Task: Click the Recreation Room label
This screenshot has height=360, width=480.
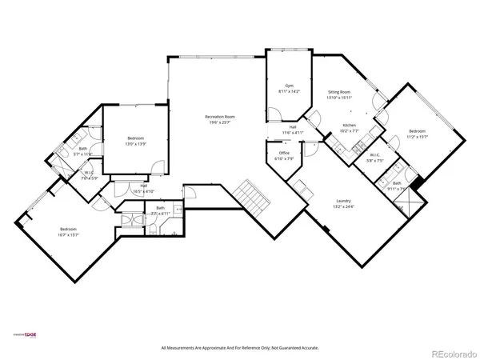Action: [x=212, y=117]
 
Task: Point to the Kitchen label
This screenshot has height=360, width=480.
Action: [x=350, y=126]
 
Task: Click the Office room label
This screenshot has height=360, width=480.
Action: [x=284, y=153]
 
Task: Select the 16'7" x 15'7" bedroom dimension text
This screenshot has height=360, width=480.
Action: [x=74, y=233]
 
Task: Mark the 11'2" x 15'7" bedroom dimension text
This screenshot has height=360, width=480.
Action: [x=418, y=137]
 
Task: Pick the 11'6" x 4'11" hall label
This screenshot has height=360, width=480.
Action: [x=293, y=133]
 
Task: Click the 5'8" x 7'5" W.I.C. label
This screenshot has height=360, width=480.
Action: [x=374, y=159]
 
